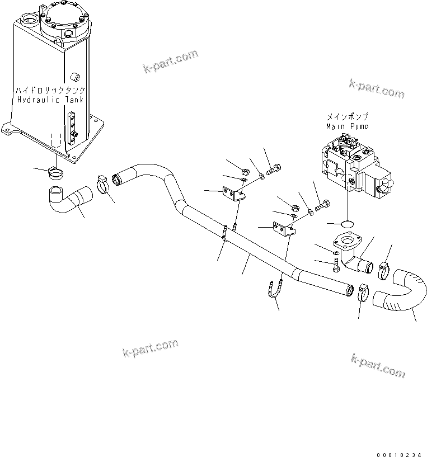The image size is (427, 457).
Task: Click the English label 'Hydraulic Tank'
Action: (50, 100)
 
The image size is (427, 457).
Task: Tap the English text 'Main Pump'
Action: (348, 126)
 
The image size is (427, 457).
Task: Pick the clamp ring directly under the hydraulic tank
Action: (55, 171)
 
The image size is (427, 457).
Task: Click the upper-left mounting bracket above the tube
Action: (232, 194)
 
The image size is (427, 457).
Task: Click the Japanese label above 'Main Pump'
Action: (348, 117)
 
